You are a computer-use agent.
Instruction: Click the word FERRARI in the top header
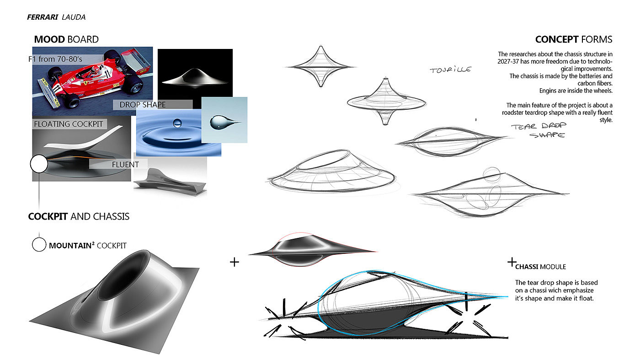(x=43, y=17)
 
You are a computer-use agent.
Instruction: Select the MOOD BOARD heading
(x=66, y=39)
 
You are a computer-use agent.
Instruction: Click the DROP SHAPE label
(x=143, y=105)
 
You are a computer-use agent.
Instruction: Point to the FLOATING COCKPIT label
(x=69, y=124)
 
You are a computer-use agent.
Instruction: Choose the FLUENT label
(x=125, y=164)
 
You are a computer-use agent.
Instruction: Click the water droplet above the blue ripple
(x=177, y=123)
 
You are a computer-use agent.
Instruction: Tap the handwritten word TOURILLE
(x=450, y=70)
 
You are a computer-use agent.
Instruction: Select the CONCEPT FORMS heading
(x=573, y=39)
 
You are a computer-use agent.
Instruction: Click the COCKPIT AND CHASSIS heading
(x=79, y=216)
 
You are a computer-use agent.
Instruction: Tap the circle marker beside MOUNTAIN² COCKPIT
(x=39, y=245)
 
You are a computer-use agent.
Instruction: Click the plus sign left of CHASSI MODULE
(x=512, y=263)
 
